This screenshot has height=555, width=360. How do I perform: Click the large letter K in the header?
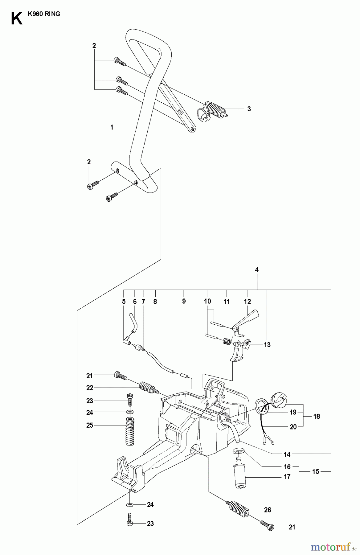tap(17, 19)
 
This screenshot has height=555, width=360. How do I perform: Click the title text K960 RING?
tap(43, 14)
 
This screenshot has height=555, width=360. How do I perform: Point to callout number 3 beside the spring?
tap(249, 109)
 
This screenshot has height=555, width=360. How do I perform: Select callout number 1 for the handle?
tap(112, 127)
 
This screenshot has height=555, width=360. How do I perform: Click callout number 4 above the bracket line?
tap(257, 270)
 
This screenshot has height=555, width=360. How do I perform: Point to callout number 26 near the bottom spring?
tap(267, 510)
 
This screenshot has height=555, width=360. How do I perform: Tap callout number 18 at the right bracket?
tap(316, 416)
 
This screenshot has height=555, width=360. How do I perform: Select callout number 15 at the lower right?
tap(316, 471)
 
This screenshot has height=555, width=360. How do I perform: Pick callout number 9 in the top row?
tap(184, 301)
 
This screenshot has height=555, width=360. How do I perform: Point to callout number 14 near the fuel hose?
tap(287, 454)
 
